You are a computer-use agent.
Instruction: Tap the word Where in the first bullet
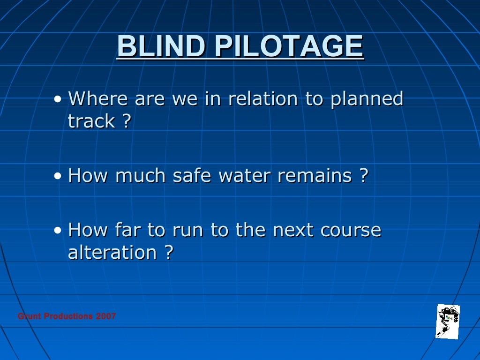(x=97, y=99)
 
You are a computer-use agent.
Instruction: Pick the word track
(x=91, y=121)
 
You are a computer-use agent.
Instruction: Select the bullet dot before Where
(x=57, y=99)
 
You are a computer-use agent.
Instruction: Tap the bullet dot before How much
(x=57, y=176)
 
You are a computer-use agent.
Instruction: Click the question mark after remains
(x=364, y=176)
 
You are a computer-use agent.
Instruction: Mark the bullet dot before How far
(x=57, y=231)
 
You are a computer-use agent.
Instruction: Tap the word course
(x=351, y=230)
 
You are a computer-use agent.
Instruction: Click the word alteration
(x=112, y=253)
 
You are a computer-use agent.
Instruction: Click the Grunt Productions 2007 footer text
(x=67, y=316)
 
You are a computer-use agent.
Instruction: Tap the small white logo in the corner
(x=448, y=321)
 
